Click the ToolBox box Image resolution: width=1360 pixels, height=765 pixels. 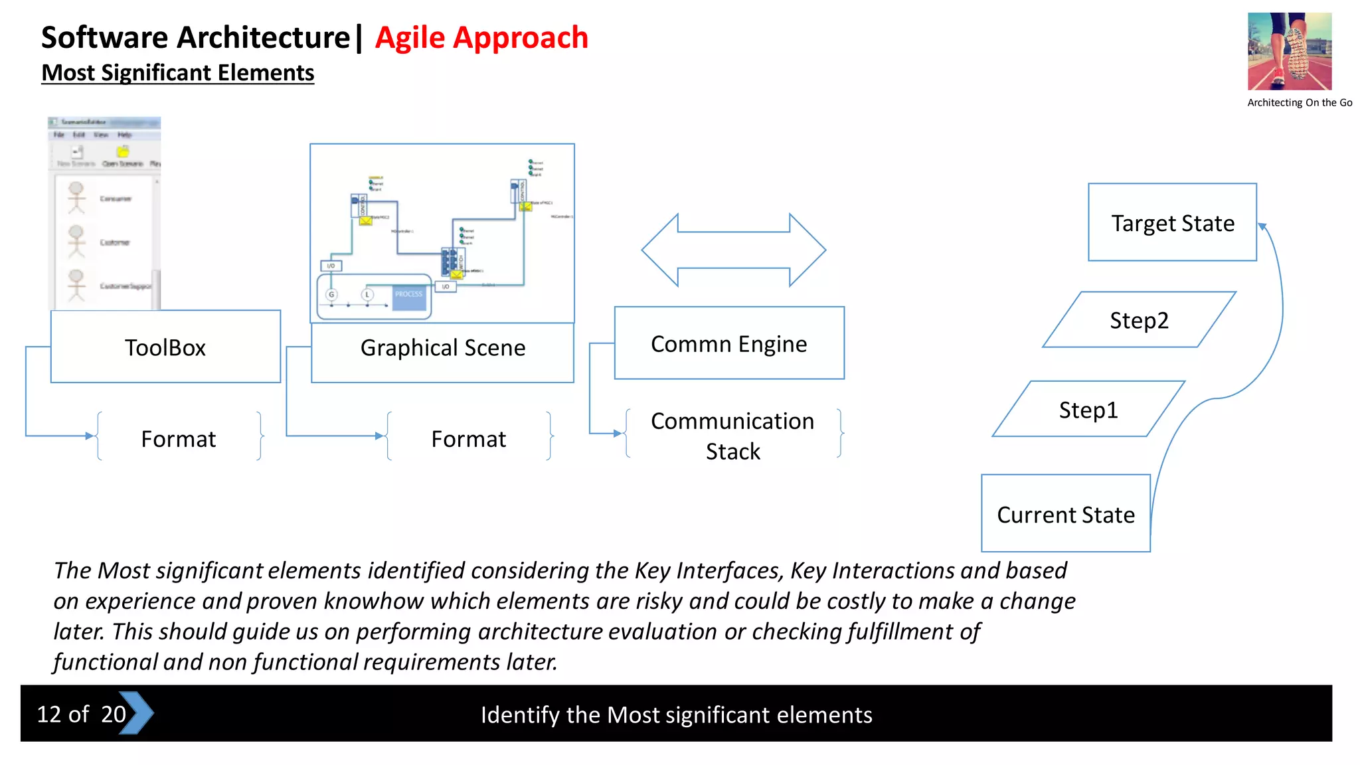(x=165, y=347)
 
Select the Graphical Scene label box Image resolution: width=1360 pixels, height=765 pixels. (x=442, y=352)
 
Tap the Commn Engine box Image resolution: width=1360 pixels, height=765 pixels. (x=729, y=343)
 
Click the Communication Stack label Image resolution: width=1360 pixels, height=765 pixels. (x=732, y=436)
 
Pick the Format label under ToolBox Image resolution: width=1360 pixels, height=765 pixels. (x=179, y=439)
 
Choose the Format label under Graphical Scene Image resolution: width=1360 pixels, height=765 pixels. (x=468, y=439)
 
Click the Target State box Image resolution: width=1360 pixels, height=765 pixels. (x=1172, y=222)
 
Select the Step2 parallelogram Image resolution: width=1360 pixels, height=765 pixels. (x=1139, y=320)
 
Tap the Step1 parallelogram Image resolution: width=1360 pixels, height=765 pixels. (x=1088, y=409)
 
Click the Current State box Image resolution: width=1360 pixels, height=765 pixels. (x=1065, y=513)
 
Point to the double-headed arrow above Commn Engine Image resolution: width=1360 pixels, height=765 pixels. (x=733, y=250)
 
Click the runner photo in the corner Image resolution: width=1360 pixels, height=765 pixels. (x=1289, y=51)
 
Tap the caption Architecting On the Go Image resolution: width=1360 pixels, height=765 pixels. (x=1299, y=102)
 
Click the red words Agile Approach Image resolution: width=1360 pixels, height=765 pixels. (x=481, y=37)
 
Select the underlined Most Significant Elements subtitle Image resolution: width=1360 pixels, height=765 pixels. (x=177, y=72)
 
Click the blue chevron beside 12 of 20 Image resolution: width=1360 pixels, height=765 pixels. (x=137, y=713)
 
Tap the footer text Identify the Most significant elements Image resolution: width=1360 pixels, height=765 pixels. (x=676, y=715)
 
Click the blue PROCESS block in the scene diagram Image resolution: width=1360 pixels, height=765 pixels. (x=408, y=297)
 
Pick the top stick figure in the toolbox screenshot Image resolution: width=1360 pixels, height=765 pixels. (x=76, y=197)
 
